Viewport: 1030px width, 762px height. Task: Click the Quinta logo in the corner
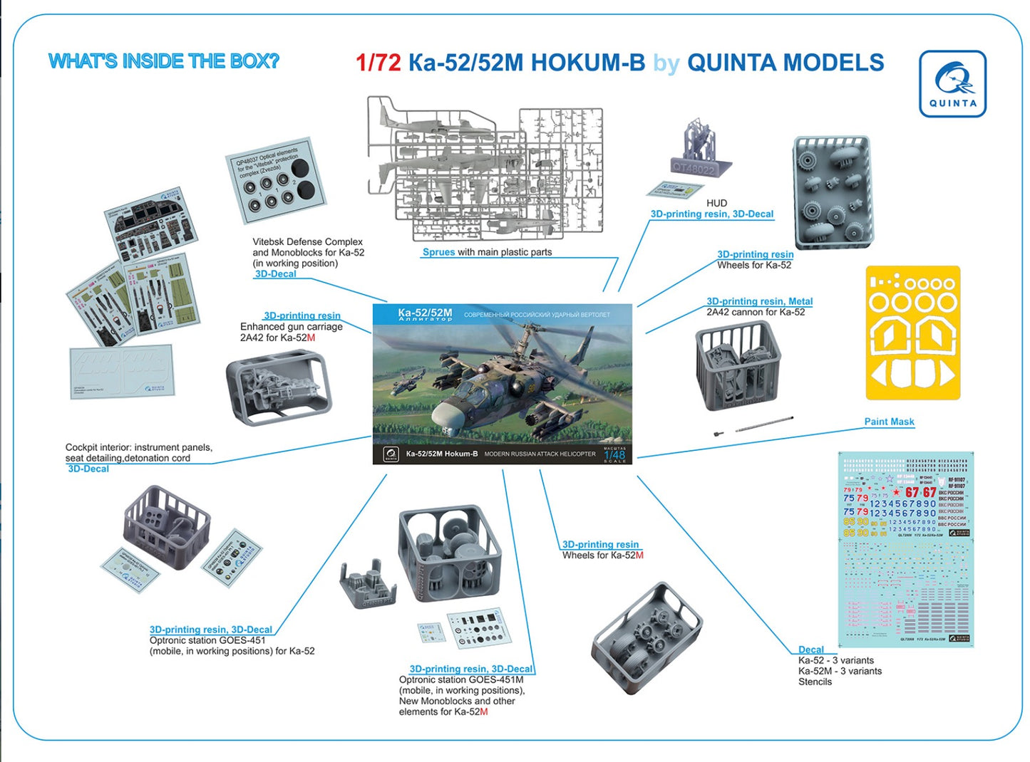click(x=952, y=83)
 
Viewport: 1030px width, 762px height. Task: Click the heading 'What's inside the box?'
click(x=163, y=61)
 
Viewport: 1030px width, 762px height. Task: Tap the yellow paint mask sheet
click(x=912, y=333)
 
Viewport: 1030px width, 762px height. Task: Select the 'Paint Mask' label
click(x=889, y=422)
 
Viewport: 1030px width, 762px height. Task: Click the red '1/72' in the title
click(x=378, y=63)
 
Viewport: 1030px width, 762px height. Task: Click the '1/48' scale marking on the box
click(x=614, y=454)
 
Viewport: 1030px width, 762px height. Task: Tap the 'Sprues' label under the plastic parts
click(x=438, y=252)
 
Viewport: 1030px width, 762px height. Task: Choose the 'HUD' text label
click(x=716, y=203)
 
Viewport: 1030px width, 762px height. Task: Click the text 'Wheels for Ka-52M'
click(x=602, y=555)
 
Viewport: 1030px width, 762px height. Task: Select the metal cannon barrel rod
click(x=763, y=424)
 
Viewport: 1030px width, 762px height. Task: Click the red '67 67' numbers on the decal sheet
click(x=920, y=493)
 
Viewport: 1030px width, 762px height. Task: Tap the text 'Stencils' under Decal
click(x=815, y=682)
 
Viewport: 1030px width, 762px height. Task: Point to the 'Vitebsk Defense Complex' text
click(x=307, y=242)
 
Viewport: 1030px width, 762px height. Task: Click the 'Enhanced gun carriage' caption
click(x=291, y=327)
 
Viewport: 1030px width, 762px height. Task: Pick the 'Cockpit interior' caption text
click(x=138, y=447)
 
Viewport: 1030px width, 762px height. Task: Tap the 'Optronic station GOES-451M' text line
click(x=460, y=679)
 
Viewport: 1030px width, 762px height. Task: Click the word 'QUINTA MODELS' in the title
click(x=785, y=63)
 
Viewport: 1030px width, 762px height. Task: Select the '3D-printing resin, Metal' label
click(x=759, y=301)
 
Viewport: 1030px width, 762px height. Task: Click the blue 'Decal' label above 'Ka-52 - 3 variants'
click(x=810, y=649)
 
